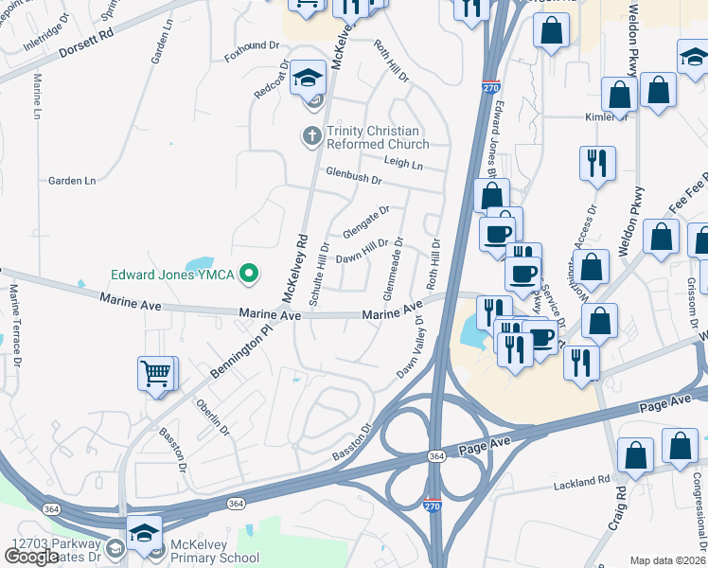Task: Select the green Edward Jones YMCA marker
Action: [249, 275]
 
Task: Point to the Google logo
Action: [30, 556]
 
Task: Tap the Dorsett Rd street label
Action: [78, 45]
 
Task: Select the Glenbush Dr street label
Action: [352, 177]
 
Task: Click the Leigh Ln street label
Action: [403, 164]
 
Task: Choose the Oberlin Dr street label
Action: [213, 417]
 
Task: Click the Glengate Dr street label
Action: [366, 223]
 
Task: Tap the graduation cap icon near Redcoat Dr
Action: [308, 78]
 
